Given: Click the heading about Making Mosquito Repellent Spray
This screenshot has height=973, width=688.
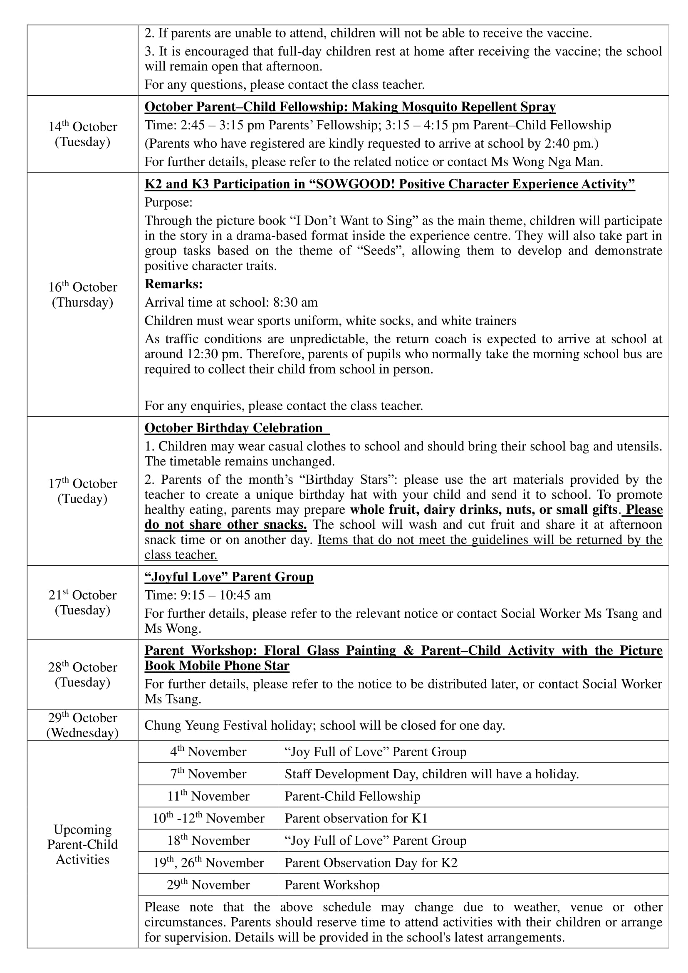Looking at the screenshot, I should [350, 107].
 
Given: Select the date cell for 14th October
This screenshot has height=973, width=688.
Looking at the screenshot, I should [83, 134].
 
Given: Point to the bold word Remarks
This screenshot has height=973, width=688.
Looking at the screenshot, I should [174, 284].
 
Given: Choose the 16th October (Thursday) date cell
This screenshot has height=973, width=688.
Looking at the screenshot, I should [83, 295].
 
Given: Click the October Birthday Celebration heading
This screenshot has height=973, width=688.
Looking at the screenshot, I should [234, 428].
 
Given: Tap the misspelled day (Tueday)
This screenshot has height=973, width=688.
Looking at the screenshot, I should [83, 499].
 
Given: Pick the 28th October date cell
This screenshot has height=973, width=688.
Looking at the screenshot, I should [83, 675].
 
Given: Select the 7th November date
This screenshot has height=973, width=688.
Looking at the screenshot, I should [208, 774].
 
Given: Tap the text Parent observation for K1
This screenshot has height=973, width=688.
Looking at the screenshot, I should [356, 818].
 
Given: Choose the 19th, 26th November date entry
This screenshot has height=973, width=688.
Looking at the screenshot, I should [208, 863].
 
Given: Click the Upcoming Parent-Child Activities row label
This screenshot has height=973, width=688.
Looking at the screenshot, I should [83, 844].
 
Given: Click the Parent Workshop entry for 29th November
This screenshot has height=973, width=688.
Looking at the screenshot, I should [332, 885].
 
